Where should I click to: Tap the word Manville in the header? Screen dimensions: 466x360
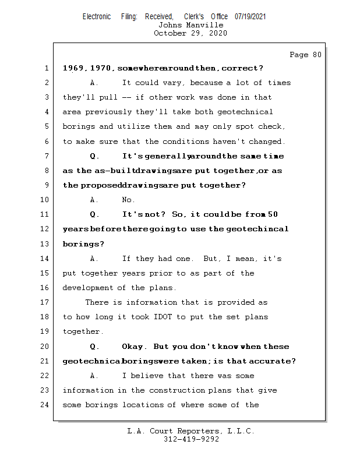[204, 25]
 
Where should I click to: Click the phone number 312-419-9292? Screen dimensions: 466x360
[192, 439]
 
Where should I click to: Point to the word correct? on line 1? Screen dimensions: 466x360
[242, 68]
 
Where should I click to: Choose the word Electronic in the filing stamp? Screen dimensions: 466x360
[97, 16]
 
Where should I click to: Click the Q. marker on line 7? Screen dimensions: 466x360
[94, 156]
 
